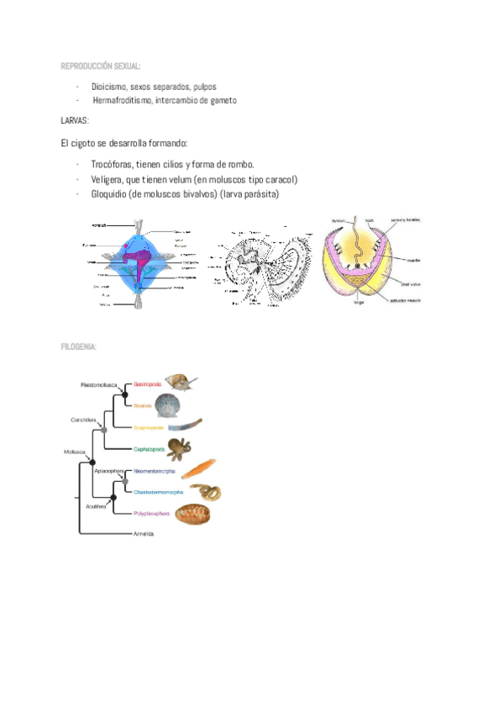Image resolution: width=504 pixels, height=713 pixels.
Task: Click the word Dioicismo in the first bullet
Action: click(111, 87)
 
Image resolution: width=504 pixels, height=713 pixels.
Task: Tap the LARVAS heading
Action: click(75, 121)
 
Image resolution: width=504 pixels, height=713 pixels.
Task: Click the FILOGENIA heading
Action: click(79, 346)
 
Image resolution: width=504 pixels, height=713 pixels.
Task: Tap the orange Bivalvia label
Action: click(142, 405)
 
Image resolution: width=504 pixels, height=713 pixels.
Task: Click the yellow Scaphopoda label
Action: click(148, 427)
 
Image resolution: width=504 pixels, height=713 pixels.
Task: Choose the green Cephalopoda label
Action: click(149, 449)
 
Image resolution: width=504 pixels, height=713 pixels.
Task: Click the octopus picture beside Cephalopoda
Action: click(179, 447)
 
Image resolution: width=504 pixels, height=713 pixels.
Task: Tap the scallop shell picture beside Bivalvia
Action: click(167, 408)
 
